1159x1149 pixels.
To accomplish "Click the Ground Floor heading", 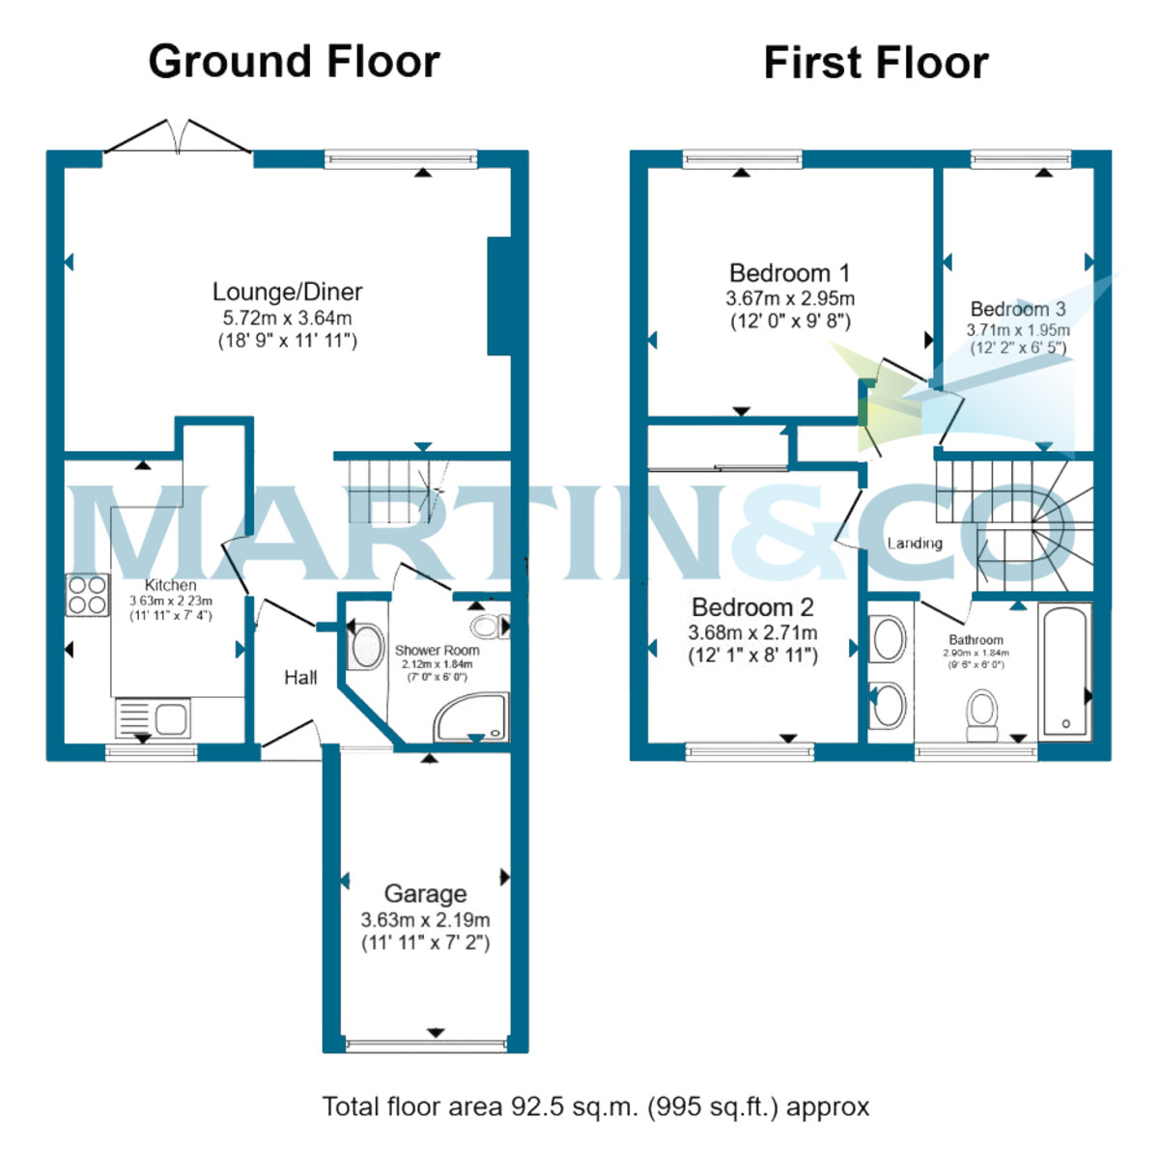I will tap(294, 62).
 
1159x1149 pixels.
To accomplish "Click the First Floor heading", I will tap(875, 64).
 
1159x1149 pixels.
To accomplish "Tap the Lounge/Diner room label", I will tap(287, 292).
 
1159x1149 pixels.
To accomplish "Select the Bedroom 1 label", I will tap(789, 273).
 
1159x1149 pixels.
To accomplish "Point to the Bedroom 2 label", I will tap(752, 607).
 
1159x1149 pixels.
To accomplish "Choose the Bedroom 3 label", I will tap(1018, 309).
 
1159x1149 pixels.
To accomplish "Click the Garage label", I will tap(425, 894).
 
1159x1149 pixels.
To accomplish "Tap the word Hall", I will tap(300, 678).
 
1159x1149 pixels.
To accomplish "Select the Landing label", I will tap(915, 544).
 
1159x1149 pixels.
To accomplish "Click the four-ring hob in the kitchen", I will tap(87, 595).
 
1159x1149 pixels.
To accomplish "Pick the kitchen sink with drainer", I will tap(153, 718).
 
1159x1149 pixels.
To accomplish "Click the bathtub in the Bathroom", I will tap(1065, 672).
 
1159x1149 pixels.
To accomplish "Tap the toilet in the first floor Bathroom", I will tap(983, 714).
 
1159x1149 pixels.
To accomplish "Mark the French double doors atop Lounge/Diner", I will tap(178, 138).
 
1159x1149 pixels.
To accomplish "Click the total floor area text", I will tap(595, 1107).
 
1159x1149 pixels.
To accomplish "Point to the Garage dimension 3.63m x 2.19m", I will tap(425, 920).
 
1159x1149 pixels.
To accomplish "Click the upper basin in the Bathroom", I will tap(889, 639).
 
